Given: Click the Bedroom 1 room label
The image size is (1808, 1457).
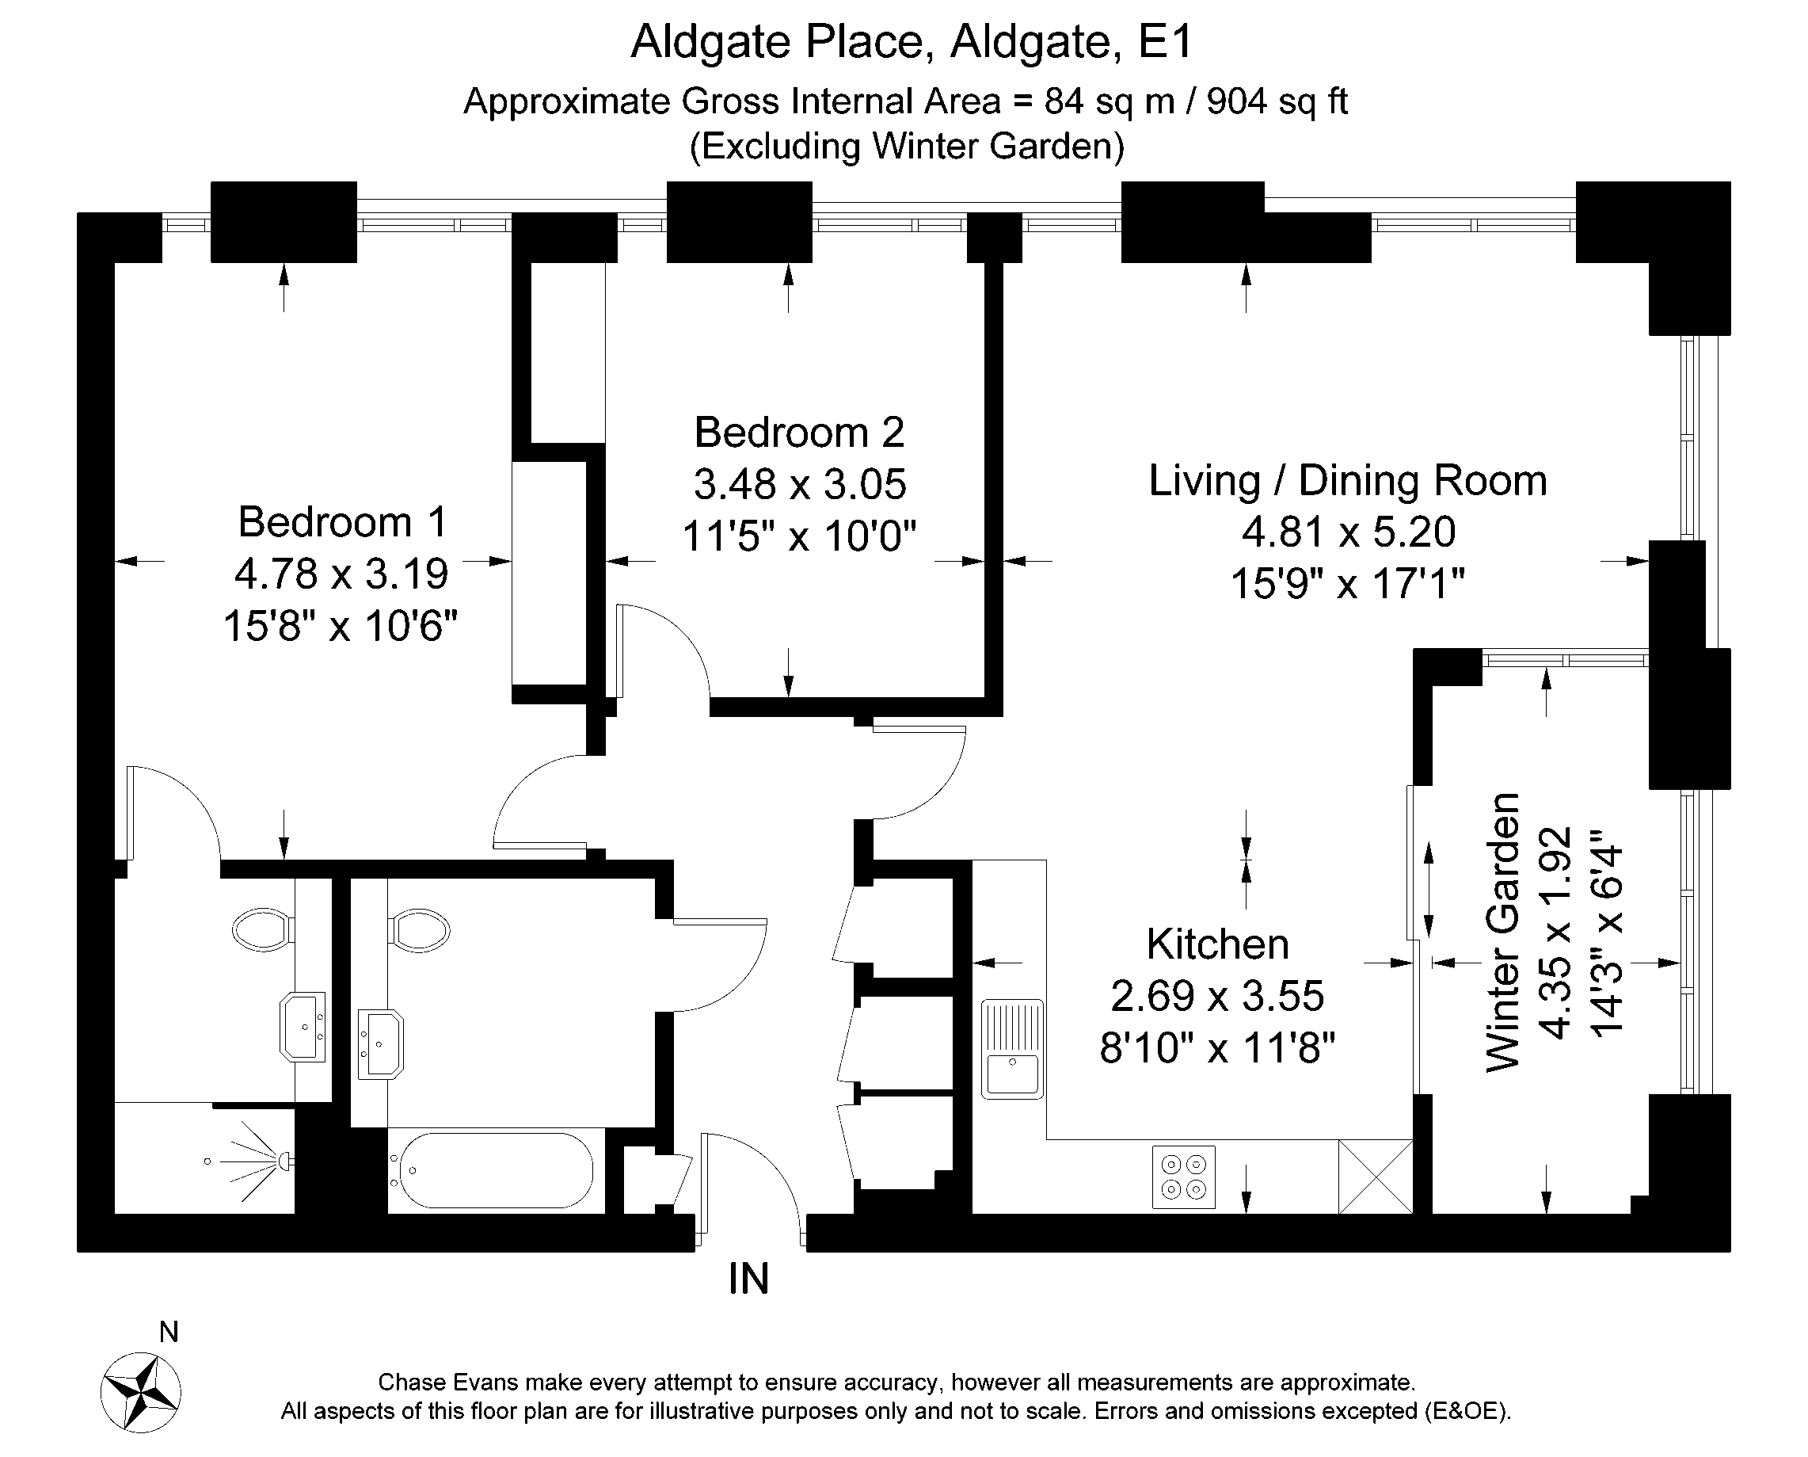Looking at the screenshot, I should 342,522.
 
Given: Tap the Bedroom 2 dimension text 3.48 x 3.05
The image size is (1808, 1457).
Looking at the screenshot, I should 800,484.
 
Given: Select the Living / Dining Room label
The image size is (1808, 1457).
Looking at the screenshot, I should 1346,480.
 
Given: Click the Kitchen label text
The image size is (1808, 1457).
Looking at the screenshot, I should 1217,944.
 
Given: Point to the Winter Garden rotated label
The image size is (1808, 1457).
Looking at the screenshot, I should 1502,932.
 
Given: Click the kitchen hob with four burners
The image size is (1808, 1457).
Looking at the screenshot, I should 1183,1177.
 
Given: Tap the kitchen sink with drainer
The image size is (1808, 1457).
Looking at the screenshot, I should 1013,1048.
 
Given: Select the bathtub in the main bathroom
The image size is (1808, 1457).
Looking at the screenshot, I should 495,1171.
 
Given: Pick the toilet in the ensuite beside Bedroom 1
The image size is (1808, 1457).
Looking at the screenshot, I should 264,930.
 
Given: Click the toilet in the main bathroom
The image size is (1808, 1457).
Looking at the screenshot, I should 419,930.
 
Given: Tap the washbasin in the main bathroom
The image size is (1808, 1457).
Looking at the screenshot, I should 381,1043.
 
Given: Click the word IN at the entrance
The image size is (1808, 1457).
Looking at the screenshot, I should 748,1279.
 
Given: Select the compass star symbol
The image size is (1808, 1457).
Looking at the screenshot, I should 141,1393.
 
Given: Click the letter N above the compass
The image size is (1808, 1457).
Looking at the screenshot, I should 169,1332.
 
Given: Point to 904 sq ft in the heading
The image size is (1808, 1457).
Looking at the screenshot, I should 1276,101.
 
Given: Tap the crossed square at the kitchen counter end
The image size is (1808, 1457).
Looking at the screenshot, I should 1375,1176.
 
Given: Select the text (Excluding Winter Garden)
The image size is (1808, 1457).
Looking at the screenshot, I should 906,146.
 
